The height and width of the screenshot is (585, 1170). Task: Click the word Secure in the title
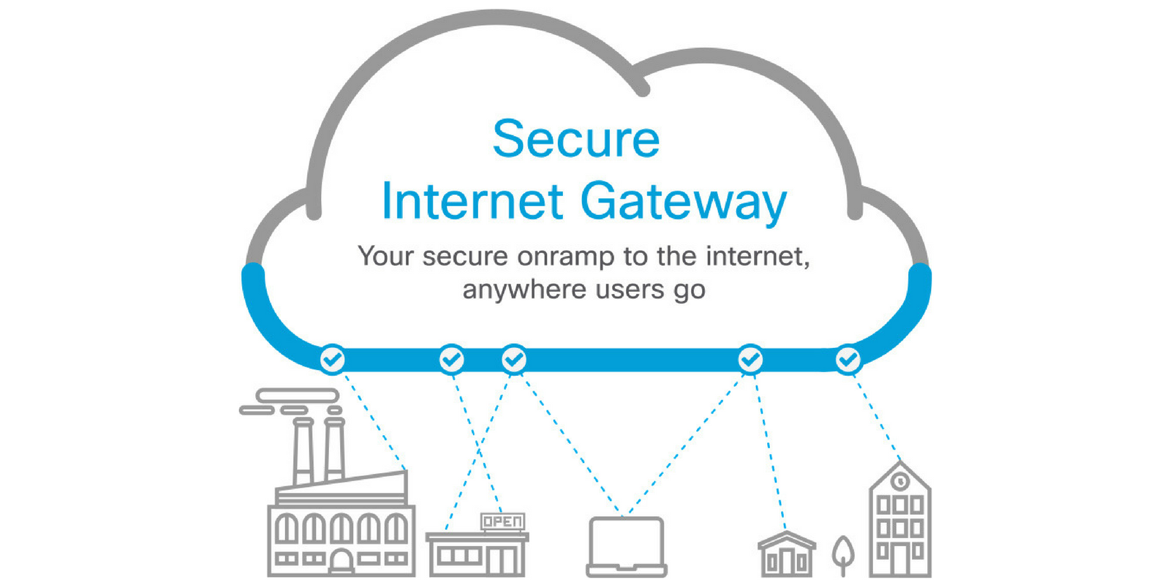(576, 139)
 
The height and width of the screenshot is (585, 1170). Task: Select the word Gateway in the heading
(684, 201)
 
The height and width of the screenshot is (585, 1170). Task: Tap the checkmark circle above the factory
(333, 359)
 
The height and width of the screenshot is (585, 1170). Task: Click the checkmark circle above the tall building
(848, 359)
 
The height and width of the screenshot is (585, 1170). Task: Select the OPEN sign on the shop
(502, 521)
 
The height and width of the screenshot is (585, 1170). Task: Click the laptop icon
(627, 546)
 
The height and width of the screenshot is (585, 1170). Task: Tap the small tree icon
(843, 554)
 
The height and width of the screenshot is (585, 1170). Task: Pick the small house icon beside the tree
(786, 554)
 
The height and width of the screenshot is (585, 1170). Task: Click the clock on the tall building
(900, 481)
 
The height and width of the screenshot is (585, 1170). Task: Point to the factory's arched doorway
(341, 562)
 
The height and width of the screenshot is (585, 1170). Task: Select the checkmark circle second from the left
(452, 359)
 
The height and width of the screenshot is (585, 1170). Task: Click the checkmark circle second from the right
(750, 359)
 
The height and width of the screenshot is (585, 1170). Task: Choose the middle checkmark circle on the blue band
(514, 359)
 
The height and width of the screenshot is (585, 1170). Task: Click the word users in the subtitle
(630, 290)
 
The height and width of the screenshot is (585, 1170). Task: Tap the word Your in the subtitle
(385, 257)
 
